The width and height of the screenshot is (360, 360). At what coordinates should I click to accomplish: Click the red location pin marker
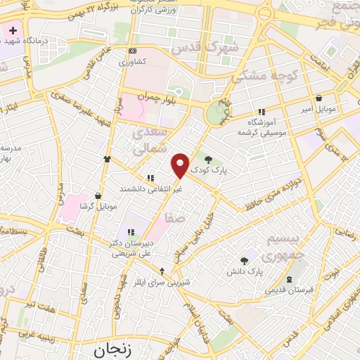pos(181,165)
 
